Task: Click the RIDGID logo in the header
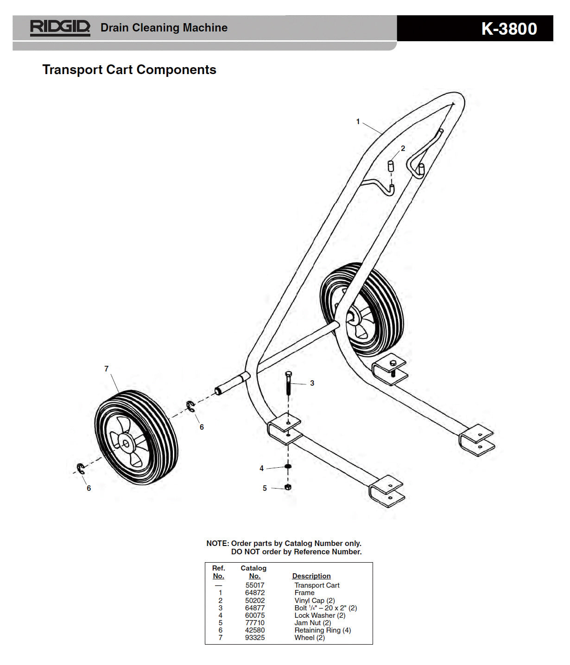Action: (60, 28)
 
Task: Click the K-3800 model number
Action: (509, 29)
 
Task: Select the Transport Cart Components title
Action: (129, 69)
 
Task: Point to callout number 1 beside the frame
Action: (358, 122)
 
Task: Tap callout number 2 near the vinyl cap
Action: (403, 148)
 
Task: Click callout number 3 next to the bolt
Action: (312, 383)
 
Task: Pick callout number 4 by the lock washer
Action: (261, 468)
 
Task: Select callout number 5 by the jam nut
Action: (265, 488)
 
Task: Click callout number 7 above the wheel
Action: (106, 369)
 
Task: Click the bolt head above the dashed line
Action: (289, 374)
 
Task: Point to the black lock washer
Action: (288, 466)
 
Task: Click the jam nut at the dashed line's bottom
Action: (288, 487)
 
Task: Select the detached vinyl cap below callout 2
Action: (391, 166)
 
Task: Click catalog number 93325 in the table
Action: (255, 637)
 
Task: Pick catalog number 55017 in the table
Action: (255, 585)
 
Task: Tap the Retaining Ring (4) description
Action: (323, 630)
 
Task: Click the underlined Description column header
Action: (311, 576)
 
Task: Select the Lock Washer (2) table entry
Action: (320, 615)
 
